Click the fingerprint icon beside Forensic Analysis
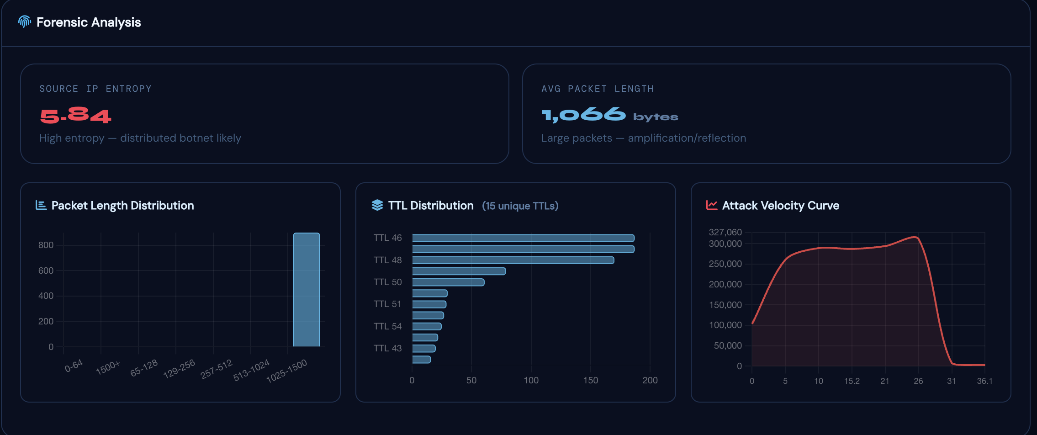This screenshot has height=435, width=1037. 24,21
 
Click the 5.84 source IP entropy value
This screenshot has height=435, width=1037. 75,116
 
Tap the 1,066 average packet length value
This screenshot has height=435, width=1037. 583,115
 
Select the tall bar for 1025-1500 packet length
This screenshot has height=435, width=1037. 306,290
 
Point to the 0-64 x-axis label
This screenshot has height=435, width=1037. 74,366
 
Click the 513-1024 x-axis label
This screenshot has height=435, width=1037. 251,370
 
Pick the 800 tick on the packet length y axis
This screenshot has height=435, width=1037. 46,245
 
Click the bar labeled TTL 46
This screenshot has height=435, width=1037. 523,238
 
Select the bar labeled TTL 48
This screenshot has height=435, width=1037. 513,260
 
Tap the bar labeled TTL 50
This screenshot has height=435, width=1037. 448,282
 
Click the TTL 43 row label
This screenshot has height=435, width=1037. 387,348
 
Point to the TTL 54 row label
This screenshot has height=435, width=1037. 387,326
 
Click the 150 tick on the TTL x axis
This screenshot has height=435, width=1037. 590,380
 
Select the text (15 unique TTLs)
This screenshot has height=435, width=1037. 520,206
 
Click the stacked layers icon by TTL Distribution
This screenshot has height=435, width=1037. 377,205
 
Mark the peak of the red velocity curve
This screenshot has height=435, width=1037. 915,237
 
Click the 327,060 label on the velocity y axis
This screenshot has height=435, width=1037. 725,232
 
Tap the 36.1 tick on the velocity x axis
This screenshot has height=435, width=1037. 984,381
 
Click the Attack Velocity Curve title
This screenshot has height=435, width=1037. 780,206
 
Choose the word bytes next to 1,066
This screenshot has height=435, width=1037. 655,117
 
